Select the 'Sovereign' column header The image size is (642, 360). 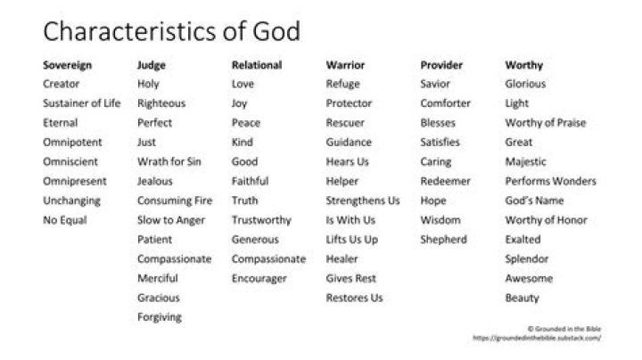coord(68,65)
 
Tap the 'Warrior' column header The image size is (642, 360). coord(345,65)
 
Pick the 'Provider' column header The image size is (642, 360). coord(440,65)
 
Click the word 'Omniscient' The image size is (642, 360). coord(71,161)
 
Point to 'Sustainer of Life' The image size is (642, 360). coord(81,103)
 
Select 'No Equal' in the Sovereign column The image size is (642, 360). coord(64,220)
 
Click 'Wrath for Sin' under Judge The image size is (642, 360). coord(169,161)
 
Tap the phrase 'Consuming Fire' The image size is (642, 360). coord(172,200)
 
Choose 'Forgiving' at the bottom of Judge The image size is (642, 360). coord(159,316)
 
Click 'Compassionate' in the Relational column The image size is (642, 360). coord(268,258)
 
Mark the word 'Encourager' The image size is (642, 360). coord(259,278)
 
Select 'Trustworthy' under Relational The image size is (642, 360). coord(261,220)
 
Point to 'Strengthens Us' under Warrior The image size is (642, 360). coord(363,200)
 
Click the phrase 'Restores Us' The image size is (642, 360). coord(354,298)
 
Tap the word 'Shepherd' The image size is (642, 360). coord(443,240)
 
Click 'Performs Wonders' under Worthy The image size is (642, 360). coord(551,181)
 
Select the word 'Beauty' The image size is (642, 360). coord(522,298)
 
